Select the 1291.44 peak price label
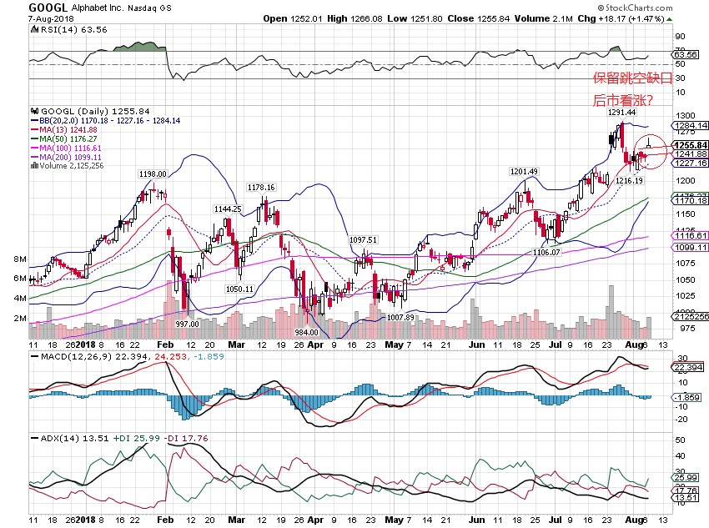pyautogui.click(x=622, y=113)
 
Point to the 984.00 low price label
pyautogui.click(x=309, y=332)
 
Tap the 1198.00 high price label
pyautogui.click(x=153, y=174)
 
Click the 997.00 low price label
pyautogui.click(x=188, y=324)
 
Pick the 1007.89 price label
pyautogui.click(x=400, y=317)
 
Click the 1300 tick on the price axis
pyautogui.click(x=686, y=116)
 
